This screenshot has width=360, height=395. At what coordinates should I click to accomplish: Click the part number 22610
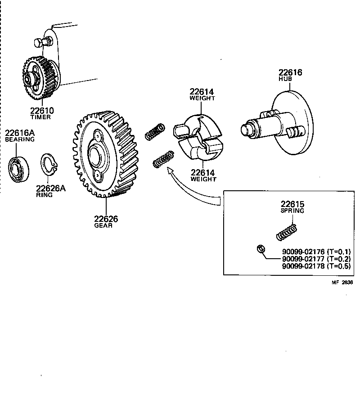point(41,111)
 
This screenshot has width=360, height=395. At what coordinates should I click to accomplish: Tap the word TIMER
point(40,117)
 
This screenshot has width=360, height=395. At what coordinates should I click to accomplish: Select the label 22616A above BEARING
point(19,133)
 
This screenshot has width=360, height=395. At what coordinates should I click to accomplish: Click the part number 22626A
point(51,189)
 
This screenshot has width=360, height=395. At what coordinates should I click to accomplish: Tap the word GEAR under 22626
point(103,225)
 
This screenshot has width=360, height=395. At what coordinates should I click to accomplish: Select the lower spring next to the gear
point(163,159)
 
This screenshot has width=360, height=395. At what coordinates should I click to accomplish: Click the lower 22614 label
point(203,173)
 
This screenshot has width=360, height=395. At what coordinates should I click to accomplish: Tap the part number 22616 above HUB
point(290,72)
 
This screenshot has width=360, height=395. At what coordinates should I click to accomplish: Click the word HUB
point(285,79)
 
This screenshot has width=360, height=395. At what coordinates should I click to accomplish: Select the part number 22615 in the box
point(292,204)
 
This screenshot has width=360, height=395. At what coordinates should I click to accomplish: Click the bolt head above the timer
point(40,44)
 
